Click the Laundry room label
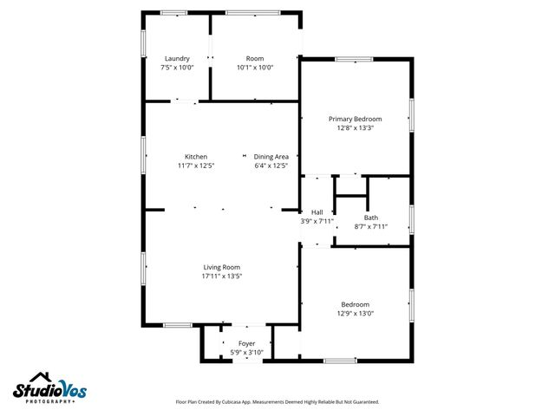click(177, 59)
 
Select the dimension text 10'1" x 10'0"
click(255, 68)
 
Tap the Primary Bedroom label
click(355, 119)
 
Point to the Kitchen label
click(195, 157)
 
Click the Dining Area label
click(271, 157)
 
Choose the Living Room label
click(221, 267)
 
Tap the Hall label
click(317, 212)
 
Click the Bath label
click(370, 218)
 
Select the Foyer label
click(247, 344)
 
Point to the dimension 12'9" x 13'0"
click(355, 314)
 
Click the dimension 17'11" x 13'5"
click(221, 276)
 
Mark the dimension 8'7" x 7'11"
click(370, 227)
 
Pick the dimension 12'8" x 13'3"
click(355, 128)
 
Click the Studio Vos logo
click(52, 392)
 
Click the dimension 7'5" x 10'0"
click(177, 68)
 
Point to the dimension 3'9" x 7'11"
click(317, 222)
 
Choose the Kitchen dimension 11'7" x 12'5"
click(195, 166)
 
